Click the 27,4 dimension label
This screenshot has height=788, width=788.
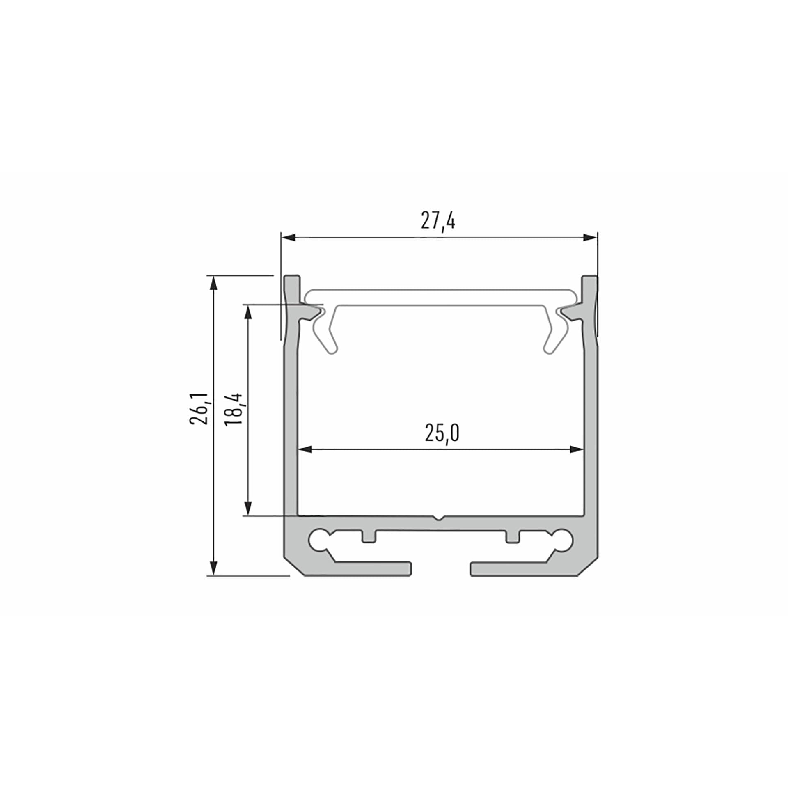pos(438,222)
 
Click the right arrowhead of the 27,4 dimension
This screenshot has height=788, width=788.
pos(590,238)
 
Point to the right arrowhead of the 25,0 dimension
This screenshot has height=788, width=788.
pos(576,449)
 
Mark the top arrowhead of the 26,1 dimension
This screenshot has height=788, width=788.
pos(213,283)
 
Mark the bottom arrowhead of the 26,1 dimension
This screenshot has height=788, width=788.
pos(213,568)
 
